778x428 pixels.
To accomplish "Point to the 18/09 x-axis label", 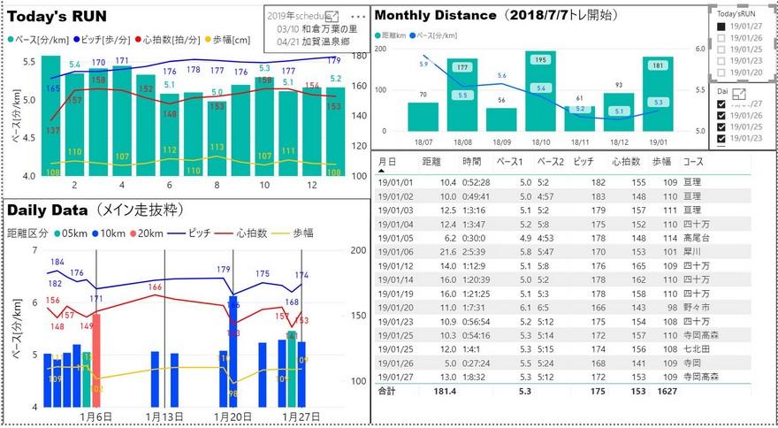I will (x=501, y=141).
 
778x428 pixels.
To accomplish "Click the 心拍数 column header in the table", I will (x=625, y=163).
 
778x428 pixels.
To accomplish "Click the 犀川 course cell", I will (x=692, y=252).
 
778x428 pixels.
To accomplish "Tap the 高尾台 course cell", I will (x=696, y=238).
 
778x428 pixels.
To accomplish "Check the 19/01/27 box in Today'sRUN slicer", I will (x=721, y=27).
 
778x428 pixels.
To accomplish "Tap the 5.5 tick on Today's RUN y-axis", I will (x=29, y=62).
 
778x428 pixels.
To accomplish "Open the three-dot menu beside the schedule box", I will (x=358, y=17).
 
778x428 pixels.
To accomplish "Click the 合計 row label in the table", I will (x=387, y=391).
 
